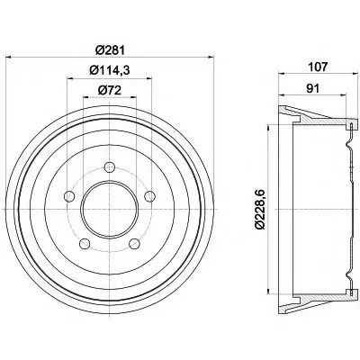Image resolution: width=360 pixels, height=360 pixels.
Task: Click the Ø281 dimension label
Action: (x=110, y=50)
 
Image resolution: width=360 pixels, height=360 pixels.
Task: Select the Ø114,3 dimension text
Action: (x=110, y=70)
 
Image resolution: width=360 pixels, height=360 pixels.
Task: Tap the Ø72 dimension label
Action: (x=110, y=90)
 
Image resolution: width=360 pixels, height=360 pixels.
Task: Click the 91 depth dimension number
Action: (x=312, y=88)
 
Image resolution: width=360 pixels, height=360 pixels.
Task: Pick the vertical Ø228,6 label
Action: (x=260, y=209)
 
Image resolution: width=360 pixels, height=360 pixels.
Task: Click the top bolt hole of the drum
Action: (x=110, y=166)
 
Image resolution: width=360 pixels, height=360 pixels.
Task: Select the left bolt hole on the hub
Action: (x=69, y=196)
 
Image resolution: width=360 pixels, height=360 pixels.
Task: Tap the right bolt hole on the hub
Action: (x=149, y=196)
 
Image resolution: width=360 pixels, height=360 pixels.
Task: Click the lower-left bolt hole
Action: (x=85, y=243)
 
